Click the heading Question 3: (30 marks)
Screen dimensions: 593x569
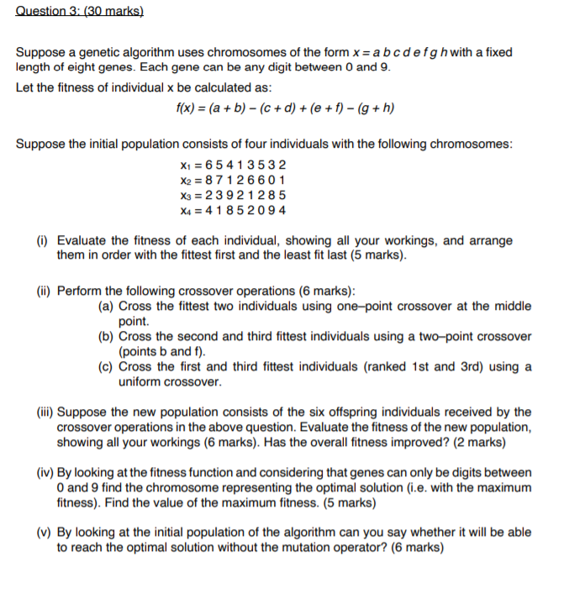[80, 13]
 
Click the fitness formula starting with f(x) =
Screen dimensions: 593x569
[285, 108]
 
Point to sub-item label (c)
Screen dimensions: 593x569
[107, 367]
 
